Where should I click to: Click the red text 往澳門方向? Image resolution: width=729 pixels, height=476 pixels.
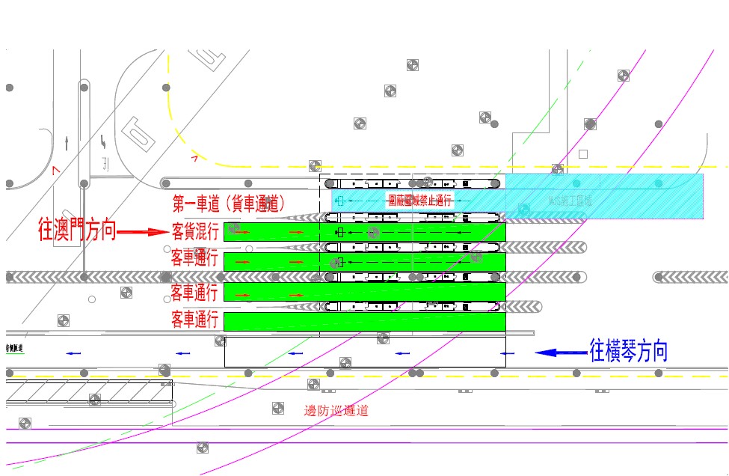click(x=77, y=231)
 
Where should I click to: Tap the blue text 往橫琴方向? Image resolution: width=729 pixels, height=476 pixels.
click(x=628, y=351)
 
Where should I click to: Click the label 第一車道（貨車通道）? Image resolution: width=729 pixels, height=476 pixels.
click(x=228, y=203)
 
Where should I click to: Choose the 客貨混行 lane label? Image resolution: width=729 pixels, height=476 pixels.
click(x=195, y=231)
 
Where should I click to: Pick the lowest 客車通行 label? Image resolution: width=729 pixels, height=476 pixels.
click(x=195, y=320)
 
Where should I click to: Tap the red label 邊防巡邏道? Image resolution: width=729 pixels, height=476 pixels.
click(x=336, y=410)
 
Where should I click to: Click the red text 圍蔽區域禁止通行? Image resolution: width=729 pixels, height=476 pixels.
click(x=420, y=201)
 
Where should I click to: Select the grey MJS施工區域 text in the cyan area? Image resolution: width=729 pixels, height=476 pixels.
click(x=570, y=201)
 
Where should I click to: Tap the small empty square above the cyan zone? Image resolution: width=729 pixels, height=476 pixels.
click(x=583, y=154)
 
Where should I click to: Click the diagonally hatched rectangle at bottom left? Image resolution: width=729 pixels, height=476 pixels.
click(x=89, y=392)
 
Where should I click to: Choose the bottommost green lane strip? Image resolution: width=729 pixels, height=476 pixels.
click(x=365, y=322)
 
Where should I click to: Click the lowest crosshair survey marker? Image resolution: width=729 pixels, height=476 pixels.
click(x=202, y=448)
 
